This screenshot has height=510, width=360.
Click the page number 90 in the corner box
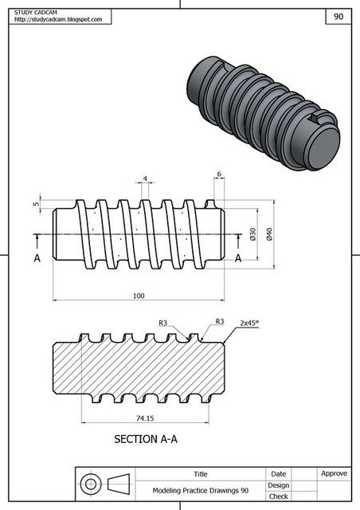point(338,16)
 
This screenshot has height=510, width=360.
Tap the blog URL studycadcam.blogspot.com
point(58,19)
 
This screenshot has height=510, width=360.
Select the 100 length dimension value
point(139,296)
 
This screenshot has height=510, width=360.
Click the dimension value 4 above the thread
point(145,178)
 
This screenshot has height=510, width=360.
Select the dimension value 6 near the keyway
point(218,175)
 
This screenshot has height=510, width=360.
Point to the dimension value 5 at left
point(37,204)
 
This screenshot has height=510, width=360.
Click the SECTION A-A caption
point(149,439)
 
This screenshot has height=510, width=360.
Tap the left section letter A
point(37,258)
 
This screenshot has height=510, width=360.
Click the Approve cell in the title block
point(334,473)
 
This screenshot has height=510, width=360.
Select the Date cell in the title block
point(278,473)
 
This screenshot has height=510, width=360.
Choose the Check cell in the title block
point(278,496)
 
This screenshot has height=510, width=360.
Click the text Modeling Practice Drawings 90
point(201,491)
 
